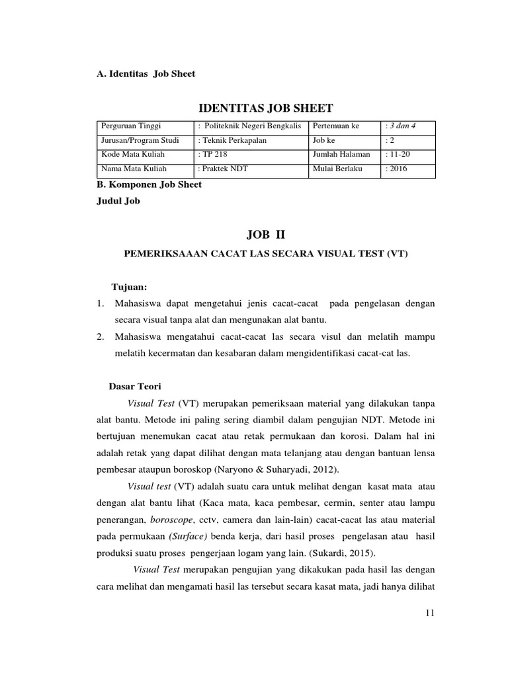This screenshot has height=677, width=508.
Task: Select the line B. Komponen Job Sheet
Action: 149,184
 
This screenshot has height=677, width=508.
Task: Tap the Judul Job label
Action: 119,202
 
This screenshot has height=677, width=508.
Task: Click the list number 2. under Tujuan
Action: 100,337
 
